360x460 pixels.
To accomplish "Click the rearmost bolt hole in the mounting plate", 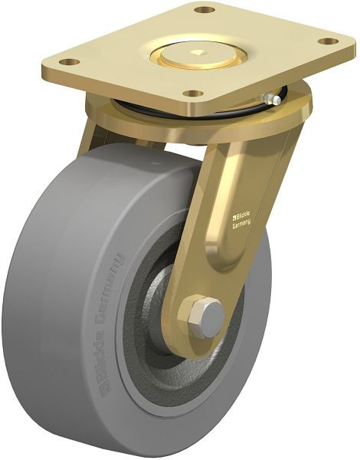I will coord(205,10).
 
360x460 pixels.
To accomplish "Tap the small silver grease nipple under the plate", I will coord(267,98).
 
